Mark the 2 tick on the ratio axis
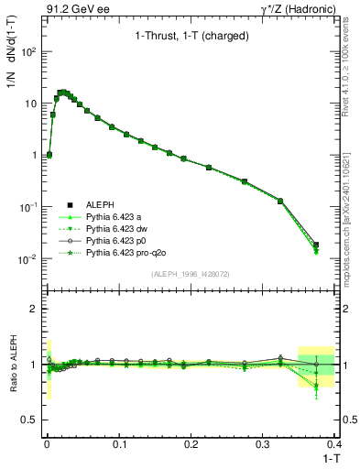pos(35,309)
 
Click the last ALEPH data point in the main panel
pos(342,245)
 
